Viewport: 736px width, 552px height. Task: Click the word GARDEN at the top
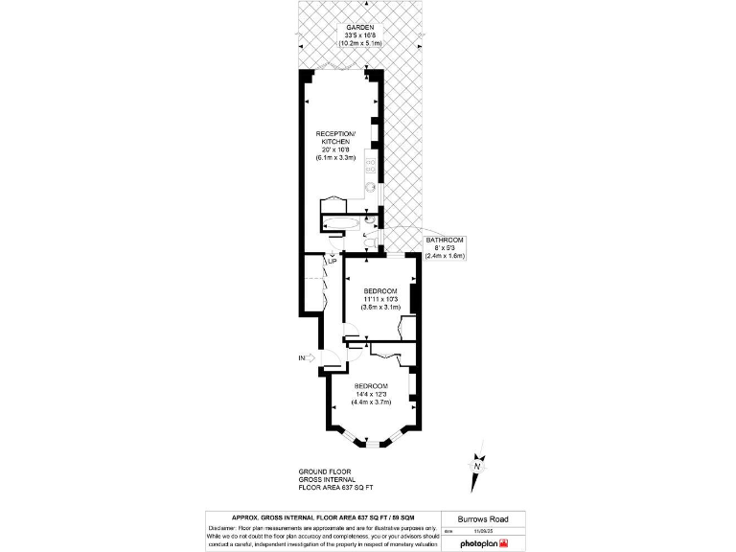click(335, 27)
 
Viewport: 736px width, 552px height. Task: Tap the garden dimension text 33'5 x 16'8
click(335, 35)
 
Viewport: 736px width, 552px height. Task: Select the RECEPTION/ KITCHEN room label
click(335, 136)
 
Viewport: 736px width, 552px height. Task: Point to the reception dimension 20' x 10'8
click(335, 149)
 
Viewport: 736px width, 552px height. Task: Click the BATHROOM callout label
click(445, 239)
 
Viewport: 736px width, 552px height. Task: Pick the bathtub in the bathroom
click(343, 224)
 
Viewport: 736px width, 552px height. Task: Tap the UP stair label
click(331, 261)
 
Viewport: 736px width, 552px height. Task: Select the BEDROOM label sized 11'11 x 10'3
click(380, 290)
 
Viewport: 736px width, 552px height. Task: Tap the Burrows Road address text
click(482, 518)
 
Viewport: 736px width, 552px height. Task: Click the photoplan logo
click(486, 542)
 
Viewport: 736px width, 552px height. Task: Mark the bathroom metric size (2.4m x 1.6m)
click(445, 256)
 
